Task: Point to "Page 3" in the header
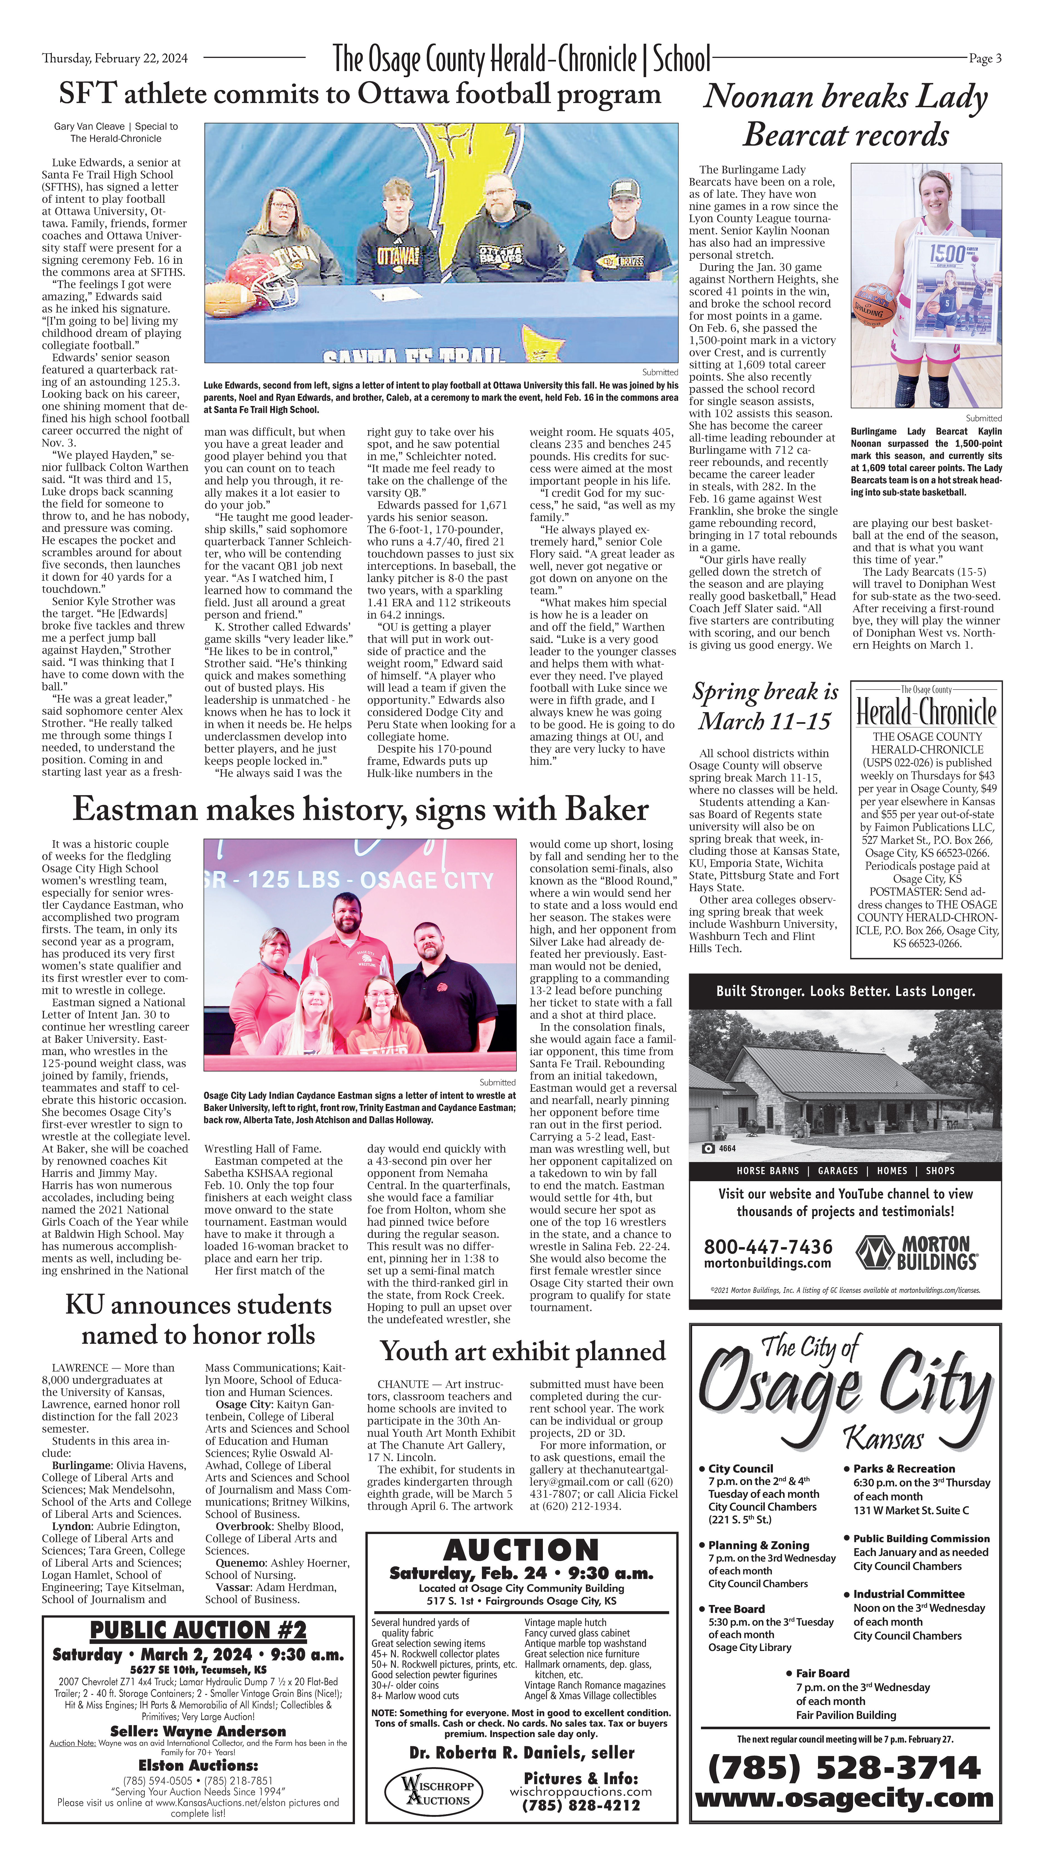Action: [985, 59]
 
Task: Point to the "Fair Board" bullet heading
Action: [822, 1673]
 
